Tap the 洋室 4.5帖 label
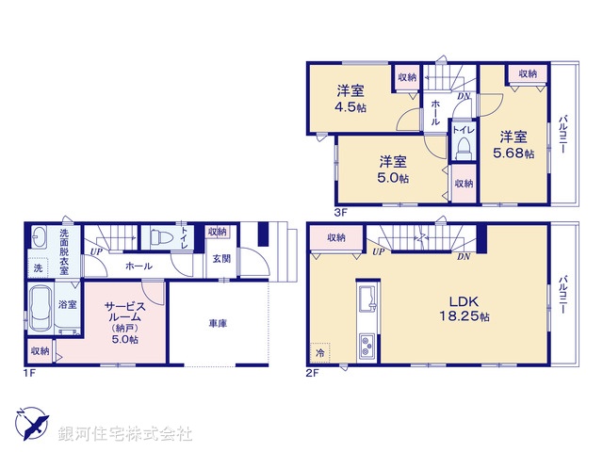(x=352, y=99)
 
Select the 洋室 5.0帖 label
(x=394, y=169)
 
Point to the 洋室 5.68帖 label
(x=515, y=143)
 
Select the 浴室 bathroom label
(x=69, y=304)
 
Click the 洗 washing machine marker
(x=38, y=268)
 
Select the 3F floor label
(x=340, y=212)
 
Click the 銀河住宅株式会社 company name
(x=124, y=433)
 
